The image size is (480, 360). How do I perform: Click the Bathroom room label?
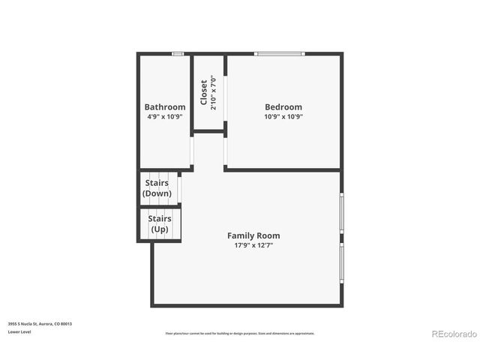[x=165, y=107]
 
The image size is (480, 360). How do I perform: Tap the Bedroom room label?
[x=283, y=107]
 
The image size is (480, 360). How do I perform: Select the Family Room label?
[x=253, y=235]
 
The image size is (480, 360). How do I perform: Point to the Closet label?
[x=203, y=92]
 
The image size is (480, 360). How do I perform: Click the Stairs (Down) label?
[x=157, y=188]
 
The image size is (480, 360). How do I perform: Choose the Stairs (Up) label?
[x=160, y=223]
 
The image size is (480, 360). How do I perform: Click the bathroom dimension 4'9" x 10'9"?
[x=165, y=117]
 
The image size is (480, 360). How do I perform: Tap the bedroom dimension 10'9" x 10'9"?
[x=283, y=117]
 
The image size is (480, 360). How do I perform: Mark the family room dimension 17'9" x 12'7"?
[x=253, y=245]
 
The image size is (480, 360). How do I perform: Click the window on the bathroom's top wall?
[x=178, y=54]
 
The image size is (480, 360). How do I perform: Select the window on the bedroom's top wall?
[x=279, y=54]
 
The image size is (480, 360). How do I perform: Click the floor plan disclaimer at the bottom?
[x=240, y=334]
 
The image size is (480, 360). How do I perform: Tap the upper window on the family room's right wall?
[x=342, y=214]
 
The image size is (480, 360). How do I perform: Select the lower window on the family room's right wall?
[x=342, y=266]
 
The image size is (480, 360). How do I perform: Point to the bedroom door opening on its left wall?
[x=225, y=150]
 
